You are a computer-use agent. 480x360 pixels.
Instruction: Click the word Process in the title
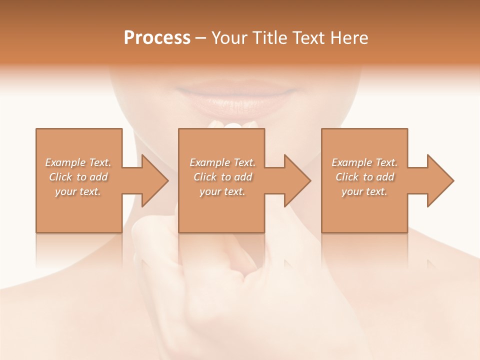pos(157,38)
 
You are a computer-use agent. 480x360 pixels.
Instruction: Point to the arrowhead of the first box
pos(152,180)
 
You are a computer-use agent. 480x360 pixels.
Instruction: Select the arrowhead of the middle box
pos(295,180)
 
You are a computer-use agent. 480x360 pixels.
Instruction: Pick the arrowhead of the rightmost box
pos(438,180)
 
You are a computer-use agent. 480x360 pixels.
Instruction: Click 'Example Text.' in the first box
pos(78,162)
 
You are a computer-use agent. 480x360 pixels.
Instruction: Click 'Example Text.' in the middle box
pos(222,162)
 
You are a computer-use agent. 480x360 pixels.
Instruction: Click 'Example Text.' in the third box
pos(364,162)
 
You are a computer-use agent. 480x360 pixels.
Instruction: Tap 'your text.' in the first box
pos(78,191)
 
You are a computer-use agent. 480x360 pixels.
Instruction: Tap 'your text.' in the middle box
pos(222,191)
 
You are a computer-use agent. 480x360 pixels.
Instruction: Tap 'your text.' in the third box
pos(364,191)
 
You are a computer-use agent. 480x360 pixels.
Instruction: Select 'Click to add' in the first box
pos(78,177)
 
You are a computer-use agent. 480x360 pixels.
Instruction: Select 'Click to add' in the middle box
pos(222,177)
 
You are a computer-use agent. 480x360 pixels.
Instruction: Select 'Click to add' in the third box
pos(365,177)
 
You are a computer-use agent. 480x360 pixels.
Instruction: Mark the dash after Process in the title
pos(201,38)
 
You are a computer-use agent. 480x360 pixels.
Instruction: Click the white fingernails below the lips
pos(233,125)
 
